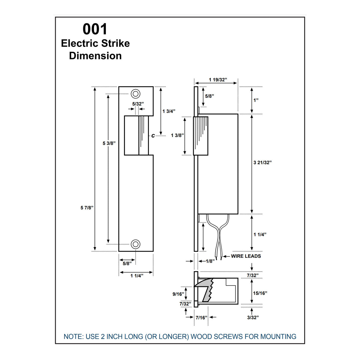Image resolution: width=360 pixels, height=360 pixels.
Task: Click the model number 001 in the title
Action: (95, 29)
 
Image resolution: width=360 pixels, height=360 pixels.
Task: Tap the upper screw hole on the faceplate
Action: (136, 94)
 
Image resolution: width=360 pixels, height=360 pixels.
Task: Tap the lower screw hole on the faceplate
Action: (136, 244)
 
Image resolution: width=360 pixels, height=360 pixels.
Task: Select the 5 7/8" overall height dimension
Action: (87, 208)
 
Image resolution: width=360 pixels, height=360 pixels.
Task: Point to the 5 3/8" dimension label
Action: (109, 143)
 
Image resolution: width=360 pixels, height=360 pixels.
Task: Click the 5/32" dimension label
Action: (138, 104)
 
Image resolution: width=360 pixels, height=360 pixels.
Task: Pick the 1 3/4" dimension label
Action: (169, 111)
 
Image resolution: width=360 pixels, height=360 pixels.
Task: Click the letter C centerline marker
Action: (153, 136)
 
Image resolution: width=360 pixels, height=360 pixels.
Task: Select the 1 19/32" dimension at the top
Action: (218, 80)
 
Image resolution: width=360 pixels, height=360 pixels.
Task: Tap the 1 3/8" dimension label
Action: (177, 136)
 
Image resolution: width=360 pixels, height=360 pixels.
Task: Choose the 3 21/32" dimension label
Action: (262, 163)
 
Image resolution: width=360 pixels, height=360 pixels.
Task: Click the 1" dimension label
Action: (256, 100)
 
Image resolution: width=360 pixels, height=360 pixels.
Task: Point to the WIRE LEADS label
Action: (246, 256)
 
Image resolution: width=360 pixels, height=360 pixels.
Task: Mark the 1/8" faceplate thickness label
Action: (210, 261)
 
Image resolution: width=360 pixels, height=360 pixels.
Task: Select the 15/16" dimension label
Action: (260, 293)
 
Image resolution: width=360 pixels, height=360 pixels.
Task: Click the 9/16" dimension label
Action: (178, 294)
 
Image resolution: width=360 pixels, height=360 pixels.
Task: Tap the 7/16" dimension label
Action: (201, 318)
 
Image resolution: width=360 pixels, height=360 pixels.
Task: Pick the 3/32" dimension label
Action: (253, 318)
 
